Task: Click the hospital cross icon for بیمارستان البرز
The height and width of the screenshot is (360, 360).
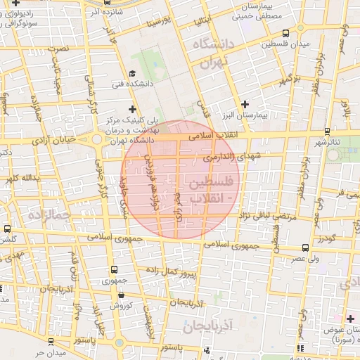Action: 245,103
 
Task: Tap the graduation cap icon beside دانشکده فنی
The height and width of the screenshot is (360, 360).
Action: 132,74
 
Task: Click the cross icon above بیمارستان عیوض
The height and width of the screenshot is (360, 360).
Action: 350,319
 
